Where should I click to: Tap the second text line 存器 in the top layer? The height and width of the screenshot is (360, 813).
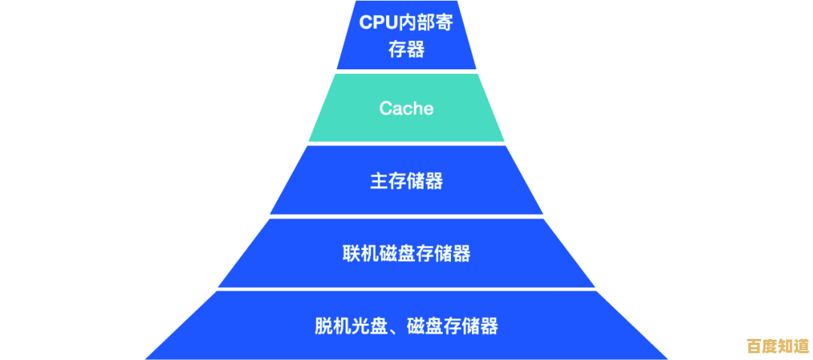click(x=406, y=50)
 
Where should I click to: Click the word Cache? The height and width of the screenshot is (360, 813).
click(x=406, y=108)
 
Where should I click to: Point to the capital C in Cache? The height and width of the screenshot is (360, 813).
click(x=385, y=108)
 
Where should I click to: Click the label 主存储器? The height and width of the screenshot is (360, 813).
click(x=406, y=181)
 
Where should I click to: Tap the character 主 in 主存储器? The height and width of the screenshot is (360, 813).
click(x=379, y=181)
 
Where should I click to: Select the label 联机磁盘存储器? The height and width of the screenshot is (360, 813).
click(x=406, y=254)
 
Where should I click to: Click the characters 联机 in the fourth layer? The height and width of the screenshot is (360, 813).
click(x=361, y=254)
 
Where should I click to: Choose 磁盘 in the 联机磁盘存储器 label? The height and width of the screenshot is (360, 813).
click(x=406, y=254)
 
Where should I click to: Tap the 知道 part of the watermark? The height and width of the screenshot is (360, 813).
click(x=793, y=346)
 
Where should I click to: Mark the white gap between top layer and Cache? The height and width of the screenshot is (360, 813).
click(x=406, y=72)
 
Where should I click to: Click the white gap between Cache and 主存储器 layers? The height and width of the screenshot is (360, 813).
click(x=406, y=144)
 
